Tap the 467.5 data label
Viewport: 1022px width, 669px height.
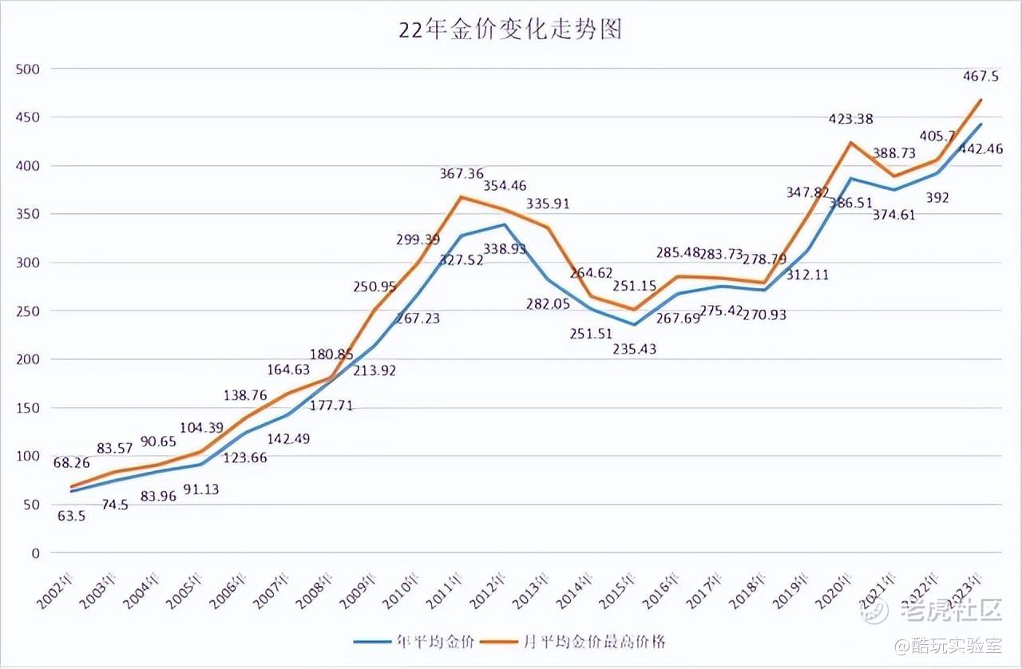(983, 76)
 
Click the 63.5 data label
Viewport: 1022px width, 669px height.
(72, 516)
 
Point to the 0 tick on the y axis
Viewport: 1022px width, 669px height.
(35, 553)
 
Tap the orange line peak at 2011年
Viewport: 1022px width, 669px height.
(460, 196)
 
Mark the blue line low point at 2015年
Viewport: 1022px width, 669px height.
(634, 324)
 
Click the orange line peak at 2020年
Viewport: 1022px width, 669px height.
(851, 143)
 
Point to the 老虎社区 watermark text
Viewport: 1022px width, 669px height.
(950, 612)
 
